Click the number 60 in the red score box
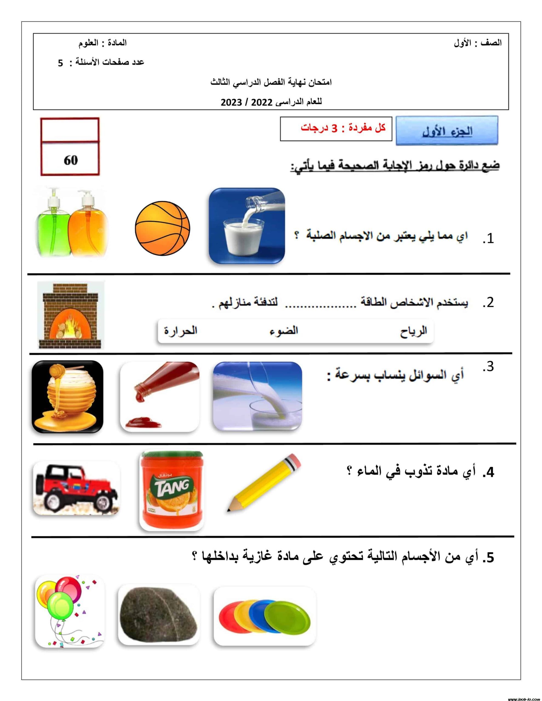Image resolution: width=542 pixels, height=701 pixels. pos(70,160)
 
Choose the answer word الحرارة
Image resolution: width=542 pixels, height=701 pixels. pos(181,330)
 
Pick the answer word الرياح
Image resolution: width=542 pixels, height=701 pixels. pos(413,331)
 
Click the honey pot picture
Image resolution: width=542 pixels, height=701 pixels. pos(67,397)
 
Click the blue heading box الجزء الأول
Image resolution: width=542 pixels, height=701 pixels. pos(447,131)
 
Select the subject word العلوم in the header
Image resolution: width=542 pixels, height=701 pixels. pos(89,43)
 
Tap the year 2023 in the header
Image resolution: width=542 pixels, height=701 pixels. pos(231,102)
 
